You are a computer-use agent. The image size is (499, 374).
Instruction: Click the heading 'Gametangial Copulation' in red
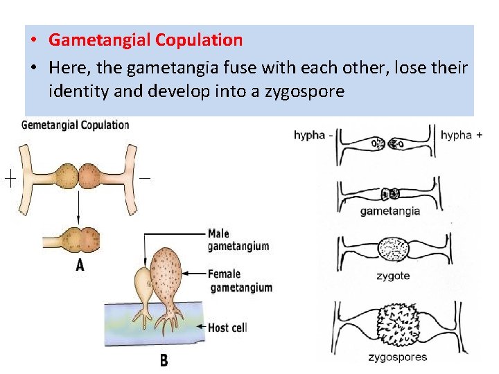[146, 40]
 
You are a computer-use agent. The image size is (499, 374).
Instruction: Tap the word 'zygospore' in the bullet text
[305, 91]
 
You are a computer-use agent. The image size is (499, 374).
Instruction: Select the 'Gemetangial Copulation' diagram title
[76, 125]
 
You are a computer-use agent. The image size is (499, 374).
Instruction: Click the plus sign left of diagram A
[10, 179]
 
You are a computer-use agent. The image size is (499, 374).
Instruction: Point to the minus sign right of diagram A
[145, 178]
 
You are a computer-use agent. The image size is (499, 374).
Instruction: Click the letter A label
[80, 265]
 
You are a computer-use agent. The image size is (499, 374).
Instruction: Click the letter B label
[164, 360]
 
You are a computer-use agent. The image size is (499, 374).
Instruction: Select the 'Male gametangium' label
[238, 240]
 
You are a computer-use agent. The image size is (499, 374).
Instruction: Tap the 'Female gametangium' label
[240, 280]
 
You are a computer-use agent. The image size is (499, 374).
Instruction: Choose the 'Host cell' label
[227, 327]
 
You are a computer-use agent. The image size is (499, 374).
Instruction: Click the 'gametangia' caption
[390, 211]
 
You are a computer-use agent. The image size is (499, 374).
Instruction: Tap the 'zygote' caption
[393, 276]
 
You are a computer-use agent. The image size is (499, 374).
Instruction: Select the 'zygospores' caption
[398, 357]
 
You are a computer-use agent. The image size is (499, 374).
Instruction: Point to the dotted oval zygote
[394, 249]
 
